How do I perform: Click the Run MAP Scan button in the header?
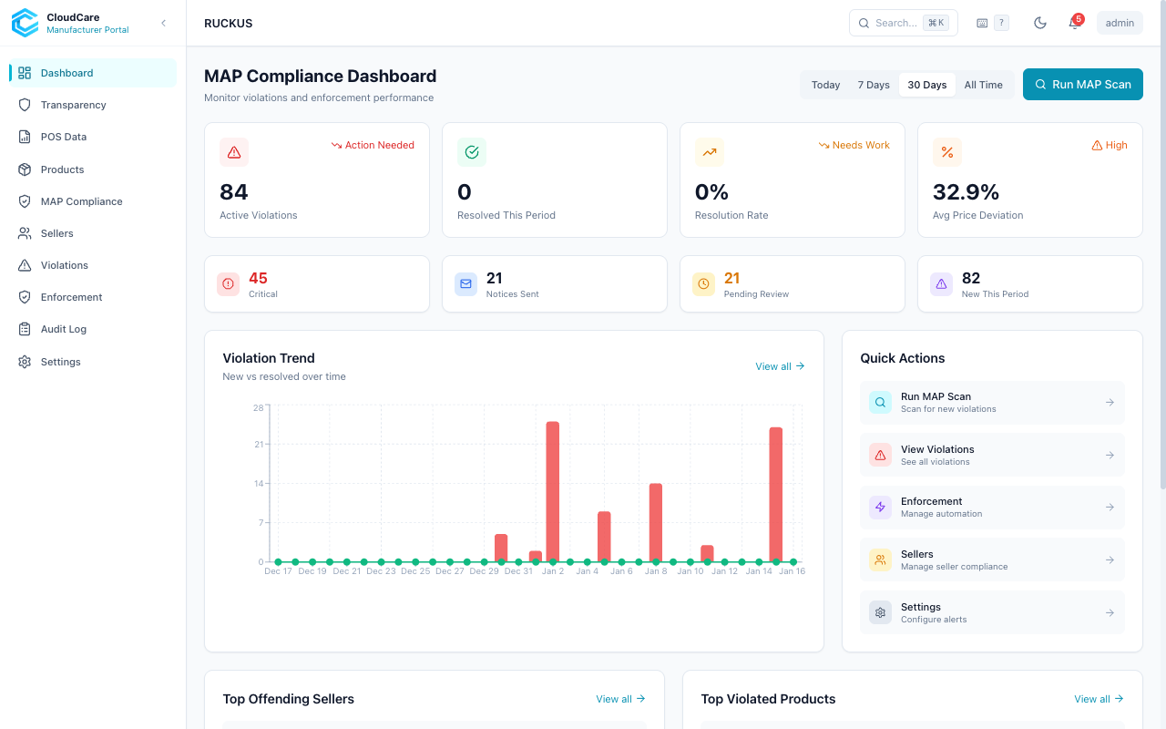coord(1082,85)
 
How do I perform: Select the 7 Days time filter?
coord(873,85)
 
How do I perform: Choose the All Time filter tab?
coord(983,85)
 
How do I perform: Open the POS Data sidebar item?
coord(64,137)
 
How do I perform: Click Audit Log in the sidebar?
coord(64,329)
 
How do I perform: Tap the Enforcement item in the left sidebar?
coord(71,297)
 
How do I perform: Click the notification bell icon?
coord(1074,24)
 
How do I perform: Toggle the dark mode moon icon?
coord(1039,23)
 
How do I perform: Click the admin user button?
coord(1120,23)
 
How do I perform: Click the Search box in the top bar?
coord(902,23)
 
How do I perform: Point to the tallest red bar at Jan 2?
coord(552,492)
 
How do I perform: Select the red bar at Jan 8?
coord(655,522)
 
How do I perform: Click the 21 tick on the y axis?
coord(259,445)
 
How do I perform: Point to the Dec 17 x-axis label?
coord(278,571)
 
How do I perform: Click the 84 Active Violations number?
coord(234,192)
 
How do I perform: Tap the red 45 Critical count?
coord(258,279)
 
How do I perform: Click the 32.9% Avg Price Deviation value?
coord(966,192)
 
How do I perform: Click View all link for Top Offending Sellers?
coord(620,699)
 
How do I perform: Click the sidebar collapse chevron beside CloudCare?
coord(163,23)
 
